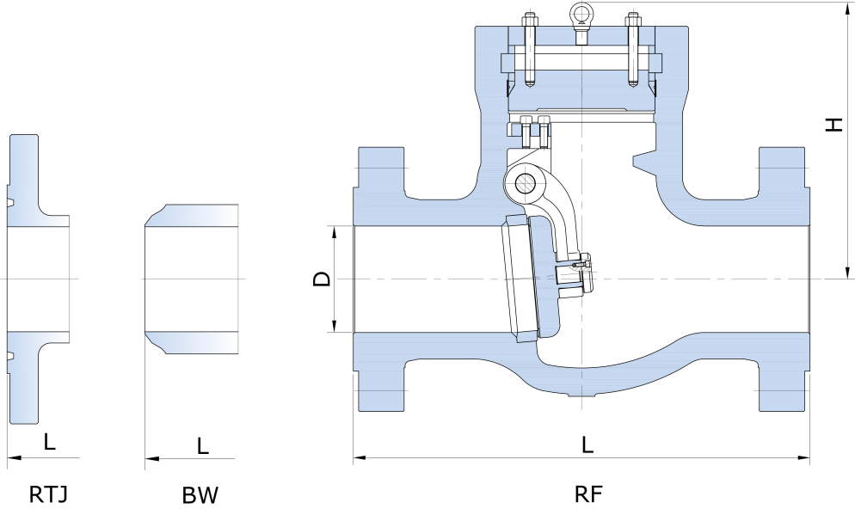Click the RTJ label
pos(48,494)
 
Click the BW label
pos(200,495)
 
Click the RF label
pos(588,494)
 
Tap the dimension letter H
pos(833,125)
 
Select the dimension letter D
pos(321,279)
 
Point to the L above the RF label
pos(587,444)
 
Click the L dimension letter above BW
pos(203,446)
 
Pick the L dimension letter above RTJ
pos(49,443)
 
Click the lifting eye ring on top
pos(582,13)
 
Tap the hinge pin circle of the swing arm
pos(524,181)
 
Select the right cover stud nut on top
pos(634,17)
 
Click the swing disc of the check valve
pos(521,279)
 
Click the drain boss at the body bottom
pos(581,395)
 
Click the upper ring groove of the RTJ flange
pos(10,204)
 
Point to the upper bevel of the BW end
pos(155,212)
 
